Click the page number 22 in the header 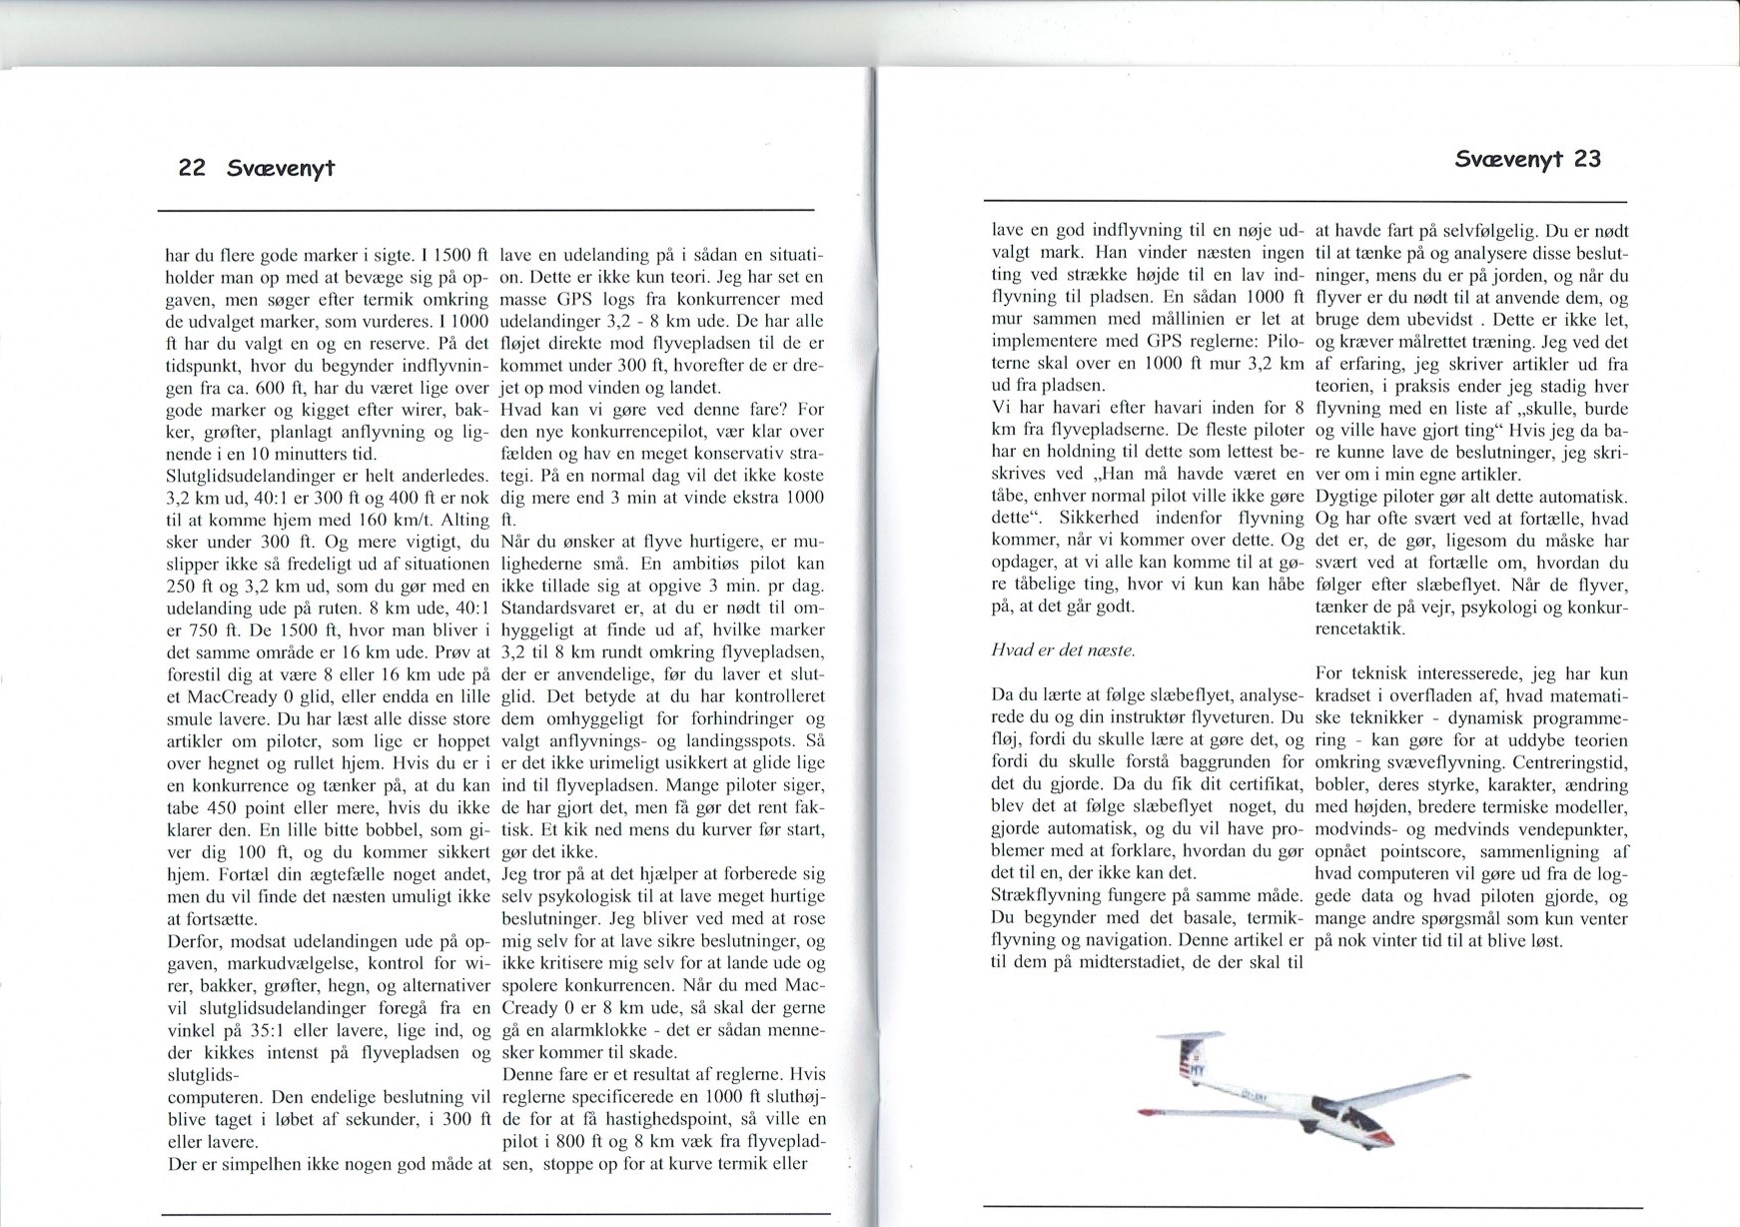tap(191, 168)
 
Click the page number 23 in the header tap(1586, 159)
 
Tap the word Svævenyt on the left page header tap(281, 168)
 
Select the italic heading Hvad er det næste tap(1063, 650)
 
